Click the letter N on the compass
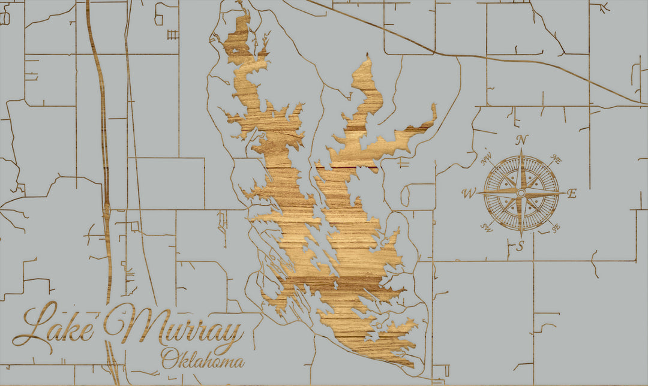(522, 140)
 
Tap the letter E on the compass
(572, 193)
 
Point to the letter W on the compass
(469, 193)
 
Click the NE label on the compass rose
(556, 160)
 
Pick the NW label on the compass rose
(487, 159)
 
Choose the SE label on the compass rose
(555, 228)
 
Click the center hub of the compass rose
(521, 193)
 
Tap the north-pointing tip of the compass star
(521, 151)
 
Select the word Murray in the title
(174, 330)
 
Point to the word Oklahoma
(202, 360)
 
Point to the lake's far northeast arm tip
(434, 107)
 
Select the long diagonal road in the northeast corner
(480, 57)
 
